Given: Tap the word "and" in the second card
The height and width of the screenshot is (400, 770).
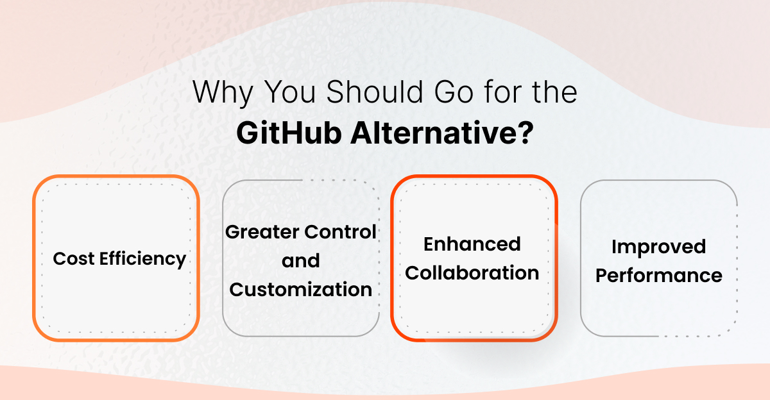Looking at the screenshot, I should point(300,261).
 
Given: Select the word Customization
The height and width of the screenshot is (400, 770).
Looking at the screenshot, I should point(300,289).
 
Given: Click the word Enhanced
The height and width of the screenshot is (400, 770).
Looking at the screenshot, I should point(472,244).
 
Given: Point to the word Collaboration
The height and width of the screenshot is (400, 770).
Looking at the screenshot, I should point(472,272).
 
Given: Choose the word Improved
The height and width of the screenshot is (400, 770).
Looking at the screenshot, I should point(658,247).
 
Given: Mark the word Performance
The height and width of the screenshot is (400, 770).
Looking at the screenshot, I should point(658,276).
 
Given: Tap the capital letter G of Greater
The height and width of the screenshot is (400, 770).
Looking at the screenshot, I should point(232,232).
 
